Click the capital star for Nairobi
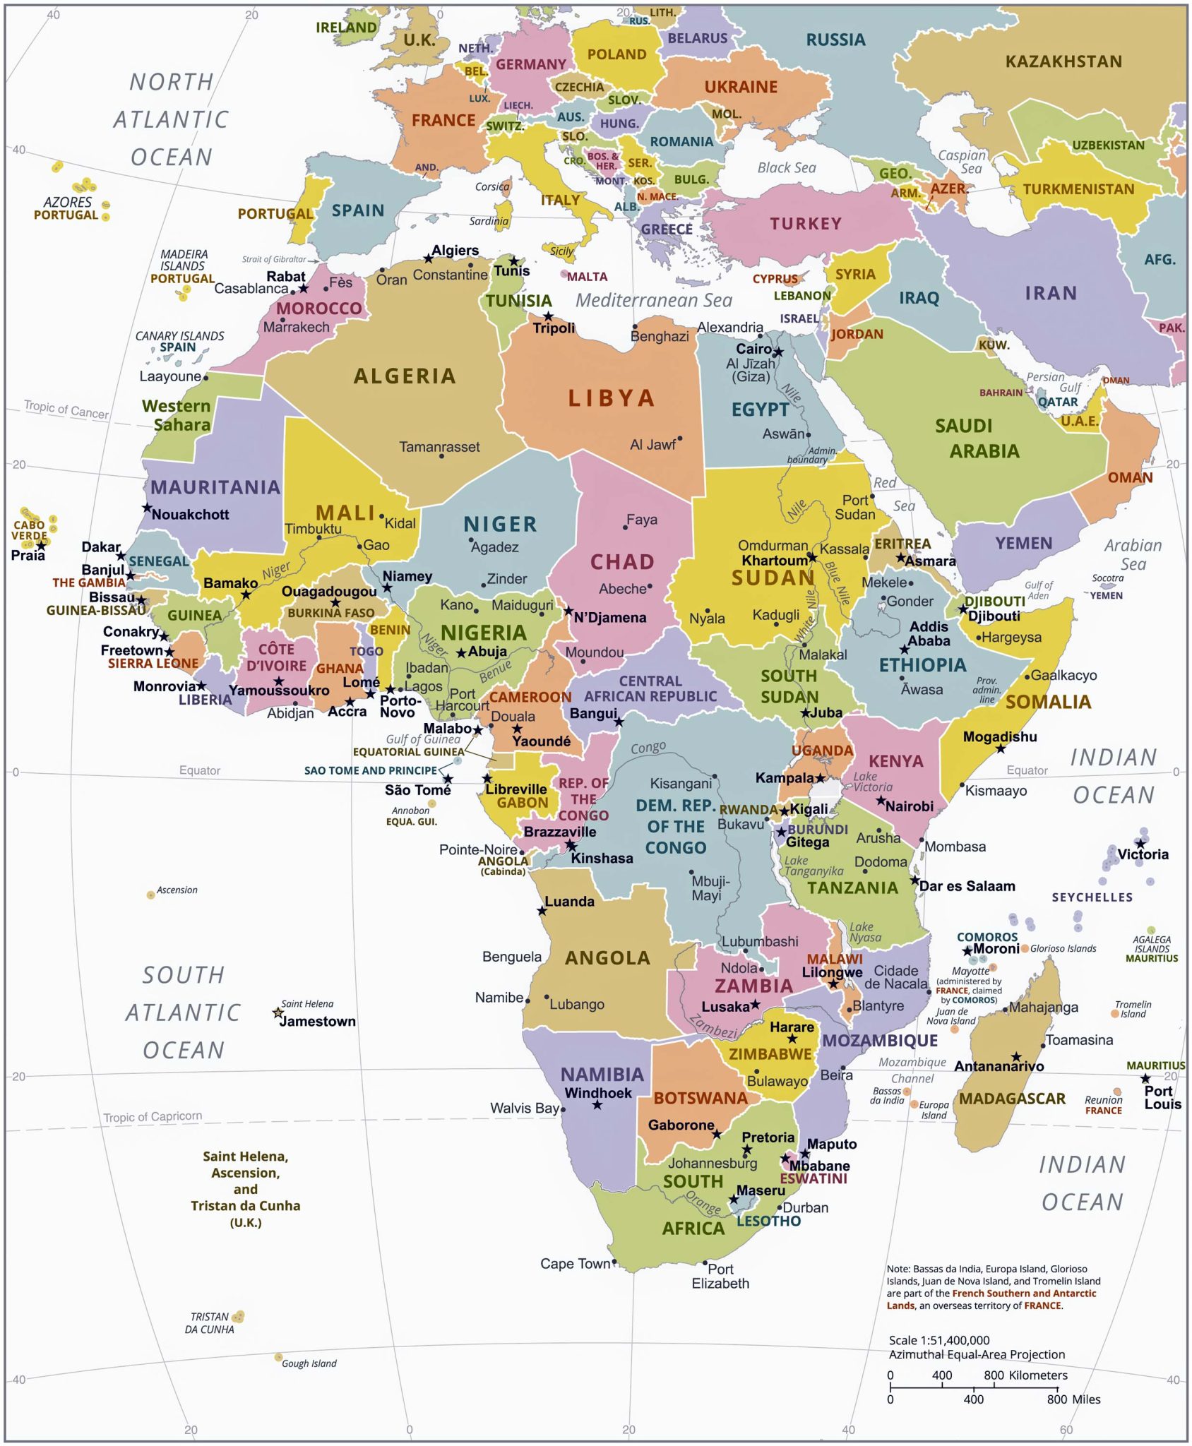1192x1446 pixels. pos(881,800)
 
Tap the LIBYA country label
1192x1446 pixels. pos(612,398)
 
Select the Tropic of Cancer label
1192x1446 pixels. pos(66,410)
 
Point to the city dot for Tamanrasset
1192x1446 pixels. pos(441,456)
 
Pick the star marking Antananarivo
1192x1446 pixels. pos(1016,1057)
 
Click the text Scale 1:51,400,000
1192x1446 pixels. pos(938,1340)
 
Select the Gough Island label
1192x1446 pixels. pos(309,1363)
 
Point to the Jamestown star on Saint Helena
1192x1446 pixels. pos(278,1013)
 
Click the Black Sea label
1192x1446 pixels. pos(786,167)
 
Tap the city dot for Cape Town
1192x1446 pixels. pos(614,1261)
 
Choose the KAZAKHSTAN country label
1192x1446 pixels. pos(1063,62)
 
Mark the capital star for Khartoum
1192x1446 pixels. pos(812,558)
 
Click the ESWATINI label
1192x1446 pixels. pos(813,1178)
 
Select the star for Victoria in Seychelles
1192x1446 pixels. pos(1140,843)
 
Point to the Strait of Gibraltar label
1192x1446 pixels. pos(274,259)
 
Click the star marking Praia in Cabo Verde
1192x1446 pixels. pos(42,546)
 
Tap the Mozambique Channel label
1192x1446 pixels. pos(912,1070)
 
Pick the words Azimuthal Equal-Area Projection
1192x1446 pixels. pos(977,1354)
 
